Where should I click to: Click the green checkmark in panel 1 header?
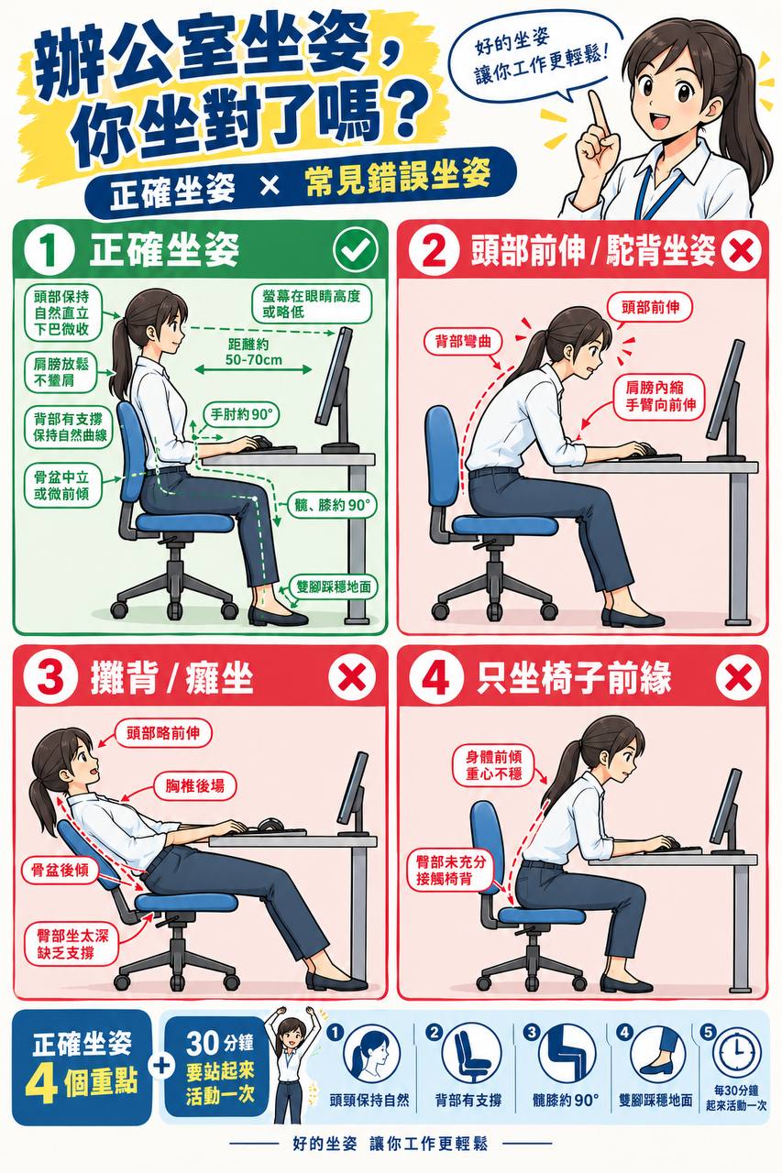pyautogui.click(x=355, y=250)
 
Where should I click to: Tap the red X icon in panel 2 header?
pyautogui.click(x=741, y=251)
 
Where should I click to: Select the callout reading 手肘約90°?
pyautogui.click(x=241, y=415)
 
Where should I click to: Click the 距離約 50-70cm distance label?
pyautogui.click(x=254, y=352)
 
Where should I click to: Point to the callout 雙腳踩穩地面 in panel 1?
pyautogui.click(x=334, y=586)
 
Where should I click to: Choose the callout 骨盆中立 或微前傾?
pyautogui.click(x=61, y=486)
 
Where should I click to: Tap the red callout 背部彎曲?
pyautogui.click(x=464, y=342)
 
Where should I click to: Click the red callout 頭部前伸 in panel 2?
pyautogui.click(x=650, y=307)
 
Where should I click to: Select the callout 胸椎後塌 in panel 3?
pyautogui.click(x=195, y=785)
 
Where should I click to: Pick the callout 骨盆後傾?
pyautogui.click(x=60, y=871)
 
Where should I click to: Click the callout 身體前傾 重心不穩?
pyautogui.click(x=494, y=765)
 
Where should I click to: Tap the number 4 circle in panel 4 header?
pyautogui.click(x=435, y=678)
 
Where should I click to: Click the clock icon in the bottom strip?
pyautogui.click(x=735, y=1050)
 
